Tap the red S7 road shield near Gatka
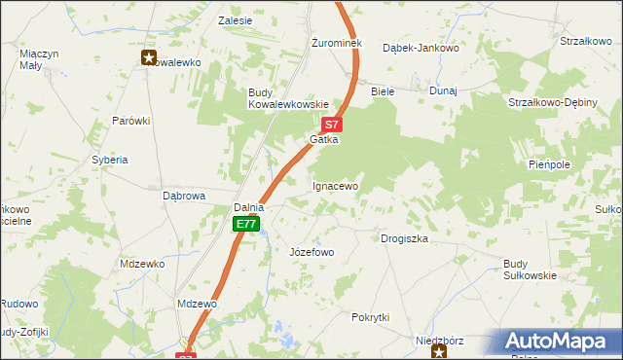click(332, 125)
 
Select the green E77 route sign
click(247, 225)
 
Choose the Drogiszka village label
click(404, 238)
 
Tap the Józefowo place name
click(311, 252)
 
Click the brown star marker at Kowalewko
click(149, 57)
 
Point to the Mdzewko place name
click(142, 264)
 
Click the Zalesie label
click(236, 19)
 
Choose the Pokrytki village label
click(371, 317)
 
